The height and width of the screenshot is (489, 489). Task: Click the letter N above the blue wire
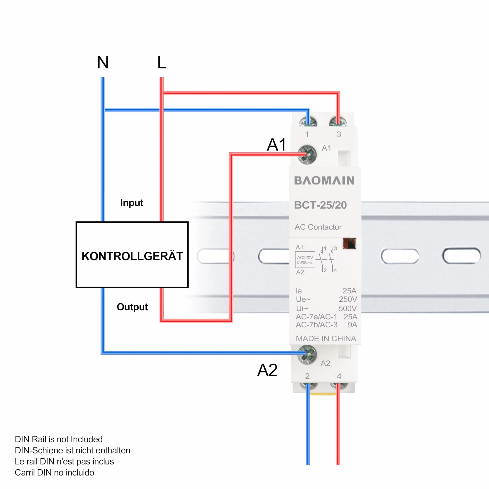(103, 62)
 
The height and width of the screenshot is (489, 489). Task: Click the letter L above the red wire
(162, 62)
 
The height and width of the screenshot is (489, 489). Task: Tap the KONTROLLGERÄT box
(132, 255)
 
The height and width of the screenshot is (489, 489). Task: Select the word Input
(132, 203)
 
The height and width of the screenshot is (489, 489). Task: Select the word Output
(132, 307)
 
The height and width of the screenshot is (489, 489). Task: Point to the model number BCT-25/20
(320, 205)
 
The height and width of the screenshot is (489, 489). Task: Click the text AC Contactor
(318, 227)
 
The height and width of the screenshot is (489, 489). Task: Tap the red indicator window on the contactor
(349, 244)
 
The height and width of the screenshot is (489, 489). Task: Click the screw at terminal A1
(307, 155)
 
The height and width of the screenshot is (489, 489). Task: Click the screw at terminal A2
(307, 355)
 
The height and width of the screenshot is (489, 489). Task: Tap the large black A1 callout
(276, 145)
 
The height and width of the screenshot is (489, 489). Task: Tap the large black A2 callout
(267, 370)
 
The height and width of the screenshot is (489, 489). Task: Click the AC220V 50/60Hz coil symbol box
(305, 260)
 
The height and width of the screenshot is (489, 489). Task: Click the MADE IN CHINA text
(326, 338)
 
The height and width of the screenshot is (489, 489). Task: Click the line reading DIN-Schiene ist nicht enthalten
(72, 451)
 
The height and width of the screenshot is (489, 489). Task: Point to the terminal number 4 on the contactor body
(339, 376)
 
